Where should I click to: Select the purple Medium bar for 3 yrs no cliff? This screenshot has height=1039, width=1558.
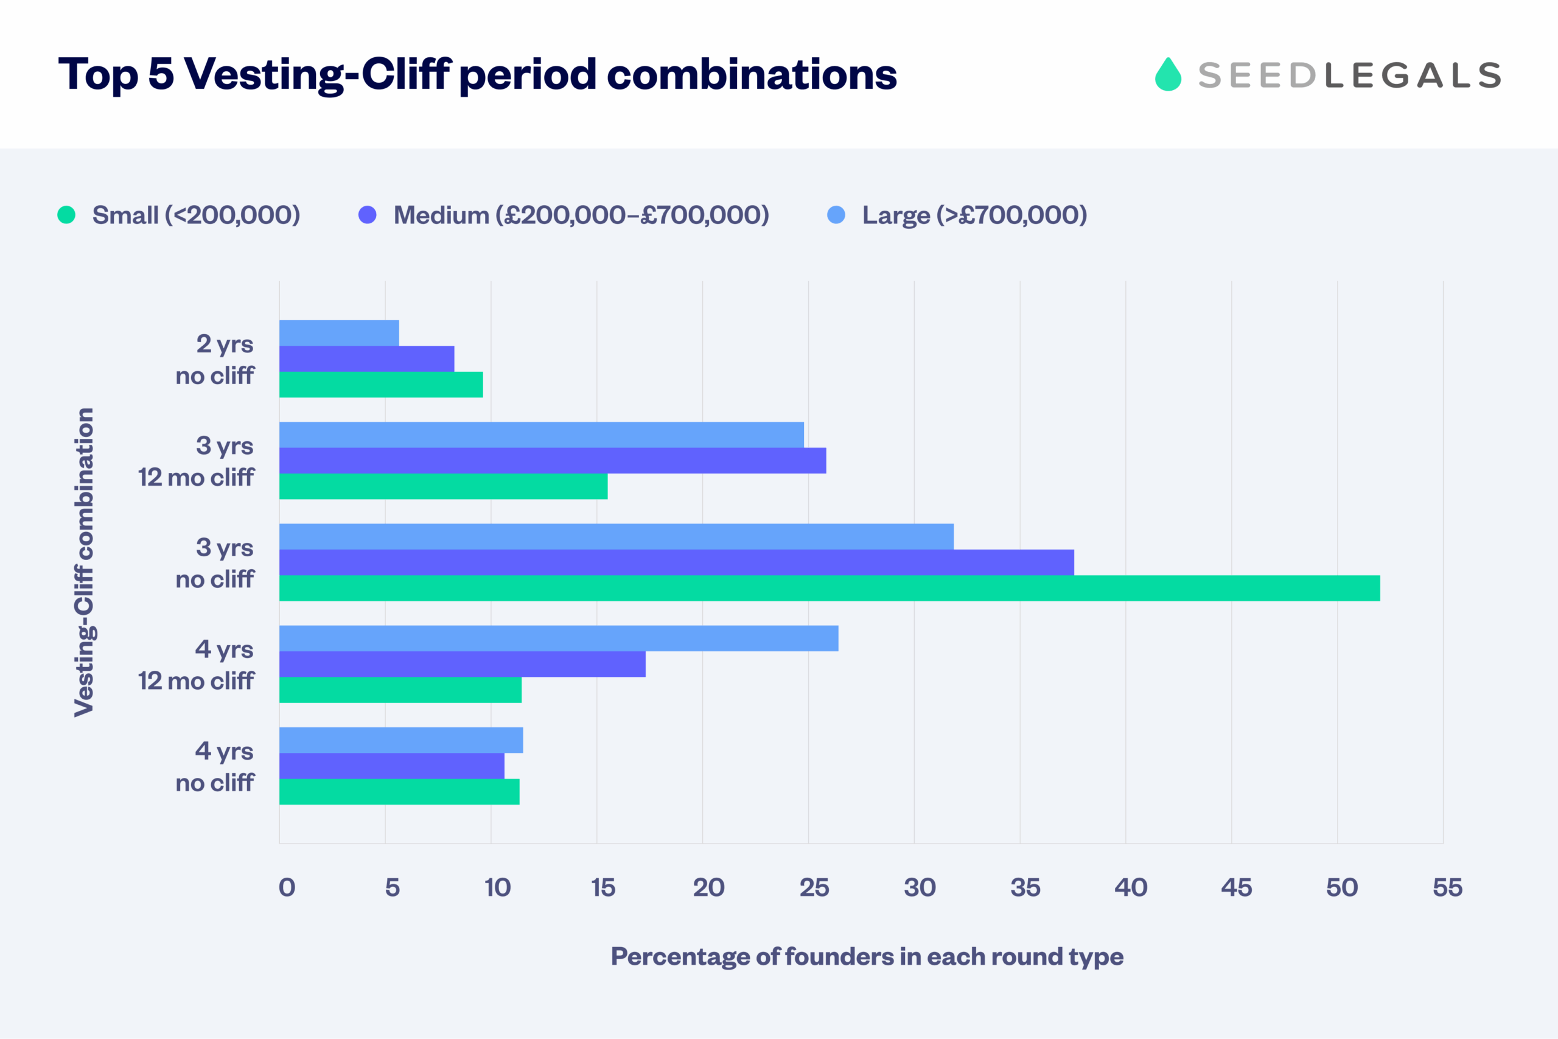pyautogui.click(x=676, y=562)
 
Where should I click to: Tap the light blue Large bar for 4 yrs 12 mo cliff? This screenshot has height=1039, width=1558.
pyautogui.click(x=559, y=638)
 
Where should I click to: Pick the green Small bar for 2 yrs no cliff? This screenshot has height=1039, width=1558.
pyautogui.click(x=381, y=384)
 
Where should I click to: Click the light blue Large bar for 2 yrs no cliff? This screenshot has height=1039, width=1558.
pyautogui.click(x=339, y=333)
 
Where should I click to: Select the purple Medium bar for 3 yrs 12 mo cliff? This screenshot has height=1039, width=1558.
pyautogui.click(x=553, y=461)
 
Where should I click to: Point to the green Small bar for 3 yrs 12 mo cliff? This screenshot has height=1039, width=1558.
pyautogui.click(x=443, y=486)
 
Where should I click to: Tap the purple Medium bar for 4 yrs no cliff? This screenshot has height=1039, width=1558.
pyautogui.click(x=391, y=766)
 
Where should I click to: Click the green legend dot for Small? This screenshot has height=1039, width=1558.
pyautogui.click(x=66, y=215)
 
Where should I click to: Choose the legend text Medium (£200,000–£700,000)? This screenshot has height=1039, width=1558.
pyautogui.click(x=581, y=215)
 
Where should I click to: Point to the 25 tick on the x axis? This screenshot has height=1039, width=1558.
pyautogui.click(x=814, y=887)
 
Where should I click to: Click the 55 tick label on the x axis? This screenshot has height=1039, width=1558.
pyautogui.click(x=1447, y=887)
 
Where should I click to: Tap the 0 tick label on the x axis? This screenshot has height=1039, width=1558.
pyautogui.click(x=287, y=887)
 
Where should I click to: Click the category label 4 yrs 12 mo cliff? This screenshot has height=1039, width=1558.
pyautogui.click(x=197, y=665)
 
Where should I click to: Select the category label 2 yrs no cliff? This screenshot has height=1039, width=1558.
pyautogui.click(x=215, y=359)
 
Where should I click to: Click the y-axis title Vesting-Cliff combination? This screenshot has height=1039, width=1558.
pyautogui.click(x=84, y=562)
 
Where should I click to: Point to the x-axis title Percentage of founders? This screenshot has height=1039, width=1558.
pyautogui.click(x=867, y=956)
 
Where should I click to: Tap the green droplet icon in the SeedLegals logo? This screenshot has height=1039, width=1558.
pyautogui.click(x=1168, y=74)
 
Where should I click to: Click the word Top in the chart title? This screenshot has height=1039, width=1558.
pyautogui.click(x=98, y=74)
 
